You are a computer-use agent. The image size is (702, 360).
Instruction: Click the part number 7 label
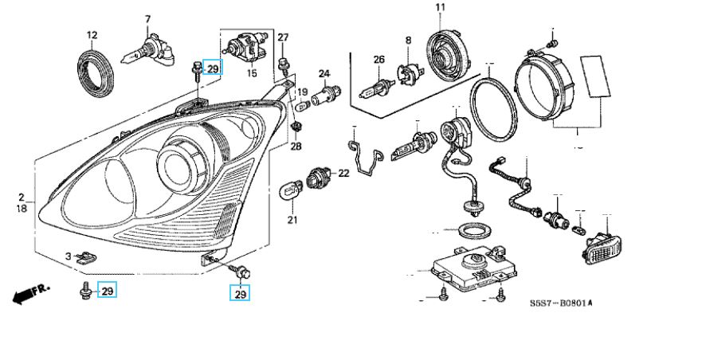pos(147,19)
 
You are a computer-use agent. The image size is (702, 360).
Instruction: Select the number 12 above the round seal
pos(92,35)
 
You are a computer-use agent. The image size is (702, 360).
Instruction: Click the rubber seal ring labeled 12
pos(96,73)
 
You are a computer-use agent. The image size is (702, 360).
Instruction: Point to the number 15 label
pos(252,73)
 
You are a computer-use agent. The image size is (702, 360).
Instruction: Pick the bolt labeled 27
pos(283,64)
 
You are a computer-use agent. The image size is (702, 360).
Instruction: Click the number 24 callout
pos(324,73)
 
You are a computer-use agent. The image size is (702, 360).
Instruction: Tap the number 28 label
pos(296,146)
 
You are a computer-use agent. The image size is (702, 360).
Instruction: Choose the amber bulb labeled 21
pos(290,191)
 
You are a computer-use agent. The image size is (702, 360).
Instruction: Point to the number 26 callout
pos(378,60)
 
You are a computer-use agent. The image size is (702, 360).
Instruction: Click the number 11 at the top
pos(441,7)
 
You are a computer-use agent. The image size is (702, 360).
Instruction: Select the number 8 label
pos(408,41)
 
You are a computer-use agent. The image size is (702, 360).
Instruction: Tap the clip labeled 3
pos(86,257)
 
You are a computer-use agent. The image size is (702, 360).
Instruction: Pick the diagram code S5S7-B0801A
pos(561,303)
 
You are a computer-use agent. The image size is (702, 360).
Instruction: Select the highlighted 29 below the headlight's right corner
pos(241,295)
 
